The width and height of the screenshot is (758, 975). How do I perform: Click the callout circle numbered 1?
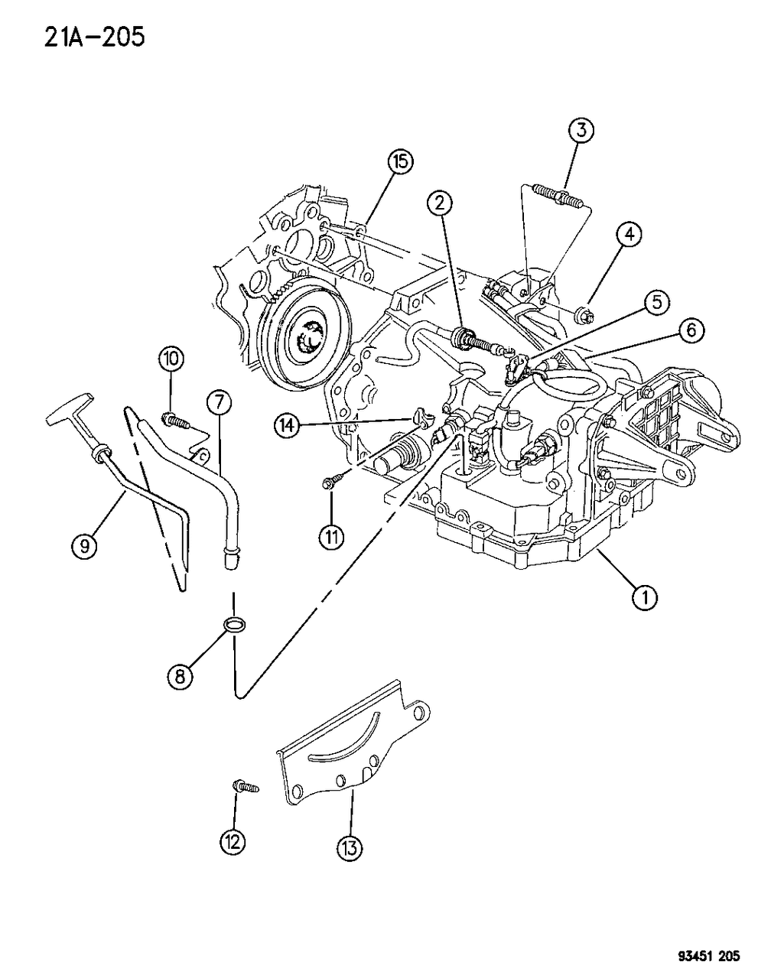tap(645, 597)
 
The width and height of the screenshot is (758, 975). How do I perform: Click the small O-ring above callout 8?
tap(235, 624)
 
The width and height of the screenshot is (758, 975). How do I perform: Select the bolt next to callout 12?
tap(245, 785)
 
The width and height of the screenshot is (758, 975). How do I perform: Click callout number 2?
tap(440, 203)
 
